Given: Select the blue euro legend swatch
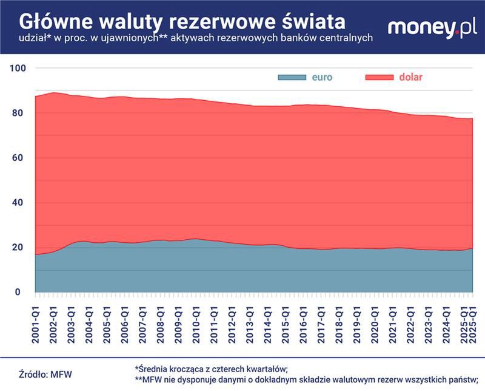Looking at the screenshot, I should (292, 77).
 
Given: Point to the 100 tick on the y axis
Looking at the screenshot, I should (18, 68).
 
